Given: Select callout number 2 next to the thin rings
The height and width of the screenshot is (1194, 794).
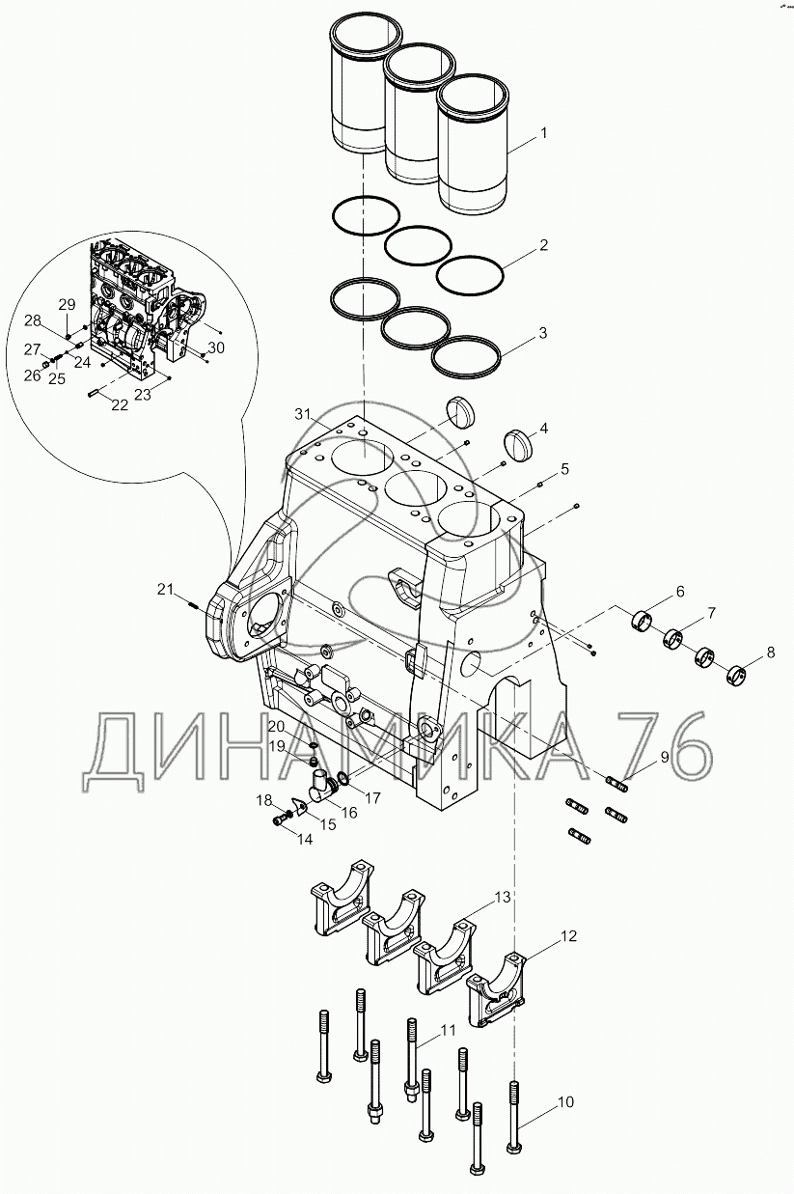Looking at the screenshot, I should coord(543,245).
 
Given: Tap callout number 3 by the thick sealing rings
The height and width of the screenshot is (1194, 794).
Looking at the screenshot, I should coord(543,333).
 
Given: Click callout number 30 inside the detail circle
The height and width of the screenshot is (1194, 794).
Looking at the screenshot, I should coord(216,347).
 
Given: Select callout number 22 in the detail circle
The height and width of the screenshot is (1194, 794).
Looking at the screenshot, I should coord(119,405).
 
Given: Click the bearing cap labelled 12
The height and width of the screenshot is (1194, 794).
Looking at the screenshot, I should coord(495,984).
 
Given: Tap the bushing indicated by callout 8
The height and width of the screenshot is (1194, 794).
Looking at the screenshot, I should coord(737,673).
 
